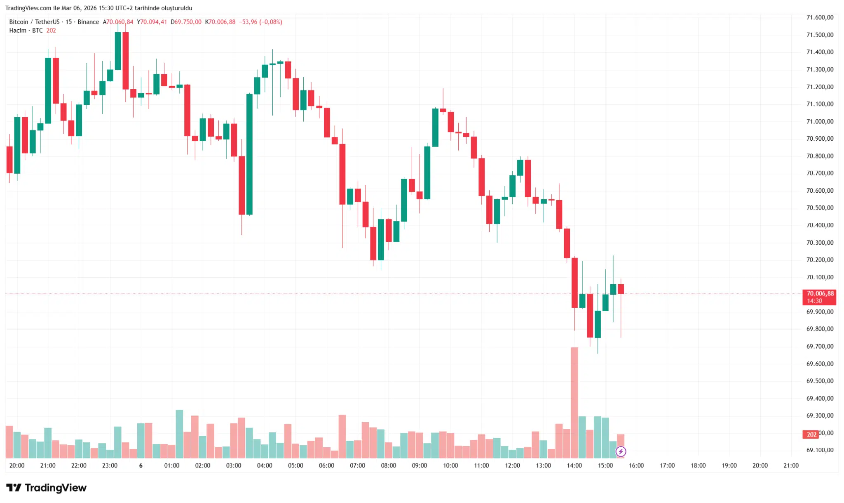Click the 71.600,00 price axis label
(x=820, y=17)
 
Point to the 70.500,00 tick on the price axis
(x=820, y=208)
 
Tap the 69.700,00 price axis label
(x=820, y=346)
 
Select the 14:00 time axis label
(x=574, y=465)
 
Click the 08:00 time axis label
(x=388, y=465)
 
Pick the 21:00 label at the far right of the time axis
(x=791, y=465)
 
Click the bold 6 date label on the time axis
(x=141, y=465)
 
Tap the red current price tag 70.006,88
(x=819, y=294)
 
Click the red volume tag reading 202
(x=811, y=435)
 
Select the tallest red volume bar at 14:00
(x=574, y=402)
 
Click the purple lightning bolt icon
(x=621, y=451)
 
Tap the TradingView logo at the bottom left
(x=46, y=488)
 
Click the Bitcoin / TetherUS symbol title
(x=34, y=22)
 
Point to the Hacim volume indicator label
(x=18, y=31)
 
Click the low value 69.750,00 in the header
(x=188, y=22)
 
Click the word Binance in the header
(x=88, y=22)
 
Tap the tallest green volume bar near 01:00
(x=179, y=434)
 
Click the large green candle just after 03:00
(x=249, y=154)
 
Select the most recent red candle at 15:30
(x=621, y=289)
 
